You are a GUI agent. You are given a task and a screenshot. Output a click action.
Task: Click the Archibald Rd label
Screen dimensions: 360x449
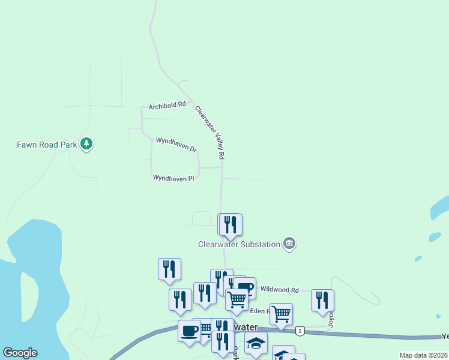tap(167, 106)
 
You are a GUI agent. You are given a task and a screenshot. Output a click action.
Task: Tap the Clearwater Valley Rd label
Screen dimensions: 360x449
tap(209, 133)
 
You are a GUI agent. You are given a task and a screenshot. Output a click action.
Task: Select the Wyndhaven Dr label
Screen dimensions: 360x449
tap(176, 144)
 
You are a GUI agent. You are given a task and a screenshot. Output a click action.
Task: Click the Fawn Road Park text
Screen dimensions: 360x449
tap(47, 145)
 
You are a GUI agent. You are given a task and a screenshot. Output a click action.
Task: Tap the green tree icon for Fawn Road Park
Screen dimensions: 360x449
tap(87, 143)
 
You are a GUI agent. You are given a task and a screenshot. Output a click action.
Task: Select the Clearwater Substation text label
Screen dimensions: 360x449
tap(240, 244)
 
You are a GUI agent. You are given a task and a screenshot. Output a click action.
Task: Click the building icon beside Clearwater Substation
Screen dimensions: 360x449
tap(289, 243)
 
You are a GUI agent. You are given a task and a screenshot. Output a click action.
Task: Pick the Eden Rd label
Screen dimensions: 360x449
tap(260, 311)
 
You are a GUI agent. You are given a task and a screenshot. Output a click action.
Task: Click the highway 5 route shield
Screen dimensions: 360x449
tap(300, 331)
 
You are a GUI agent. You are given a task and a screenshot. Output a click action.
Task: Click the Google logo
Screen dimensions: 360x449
tap(20, 352)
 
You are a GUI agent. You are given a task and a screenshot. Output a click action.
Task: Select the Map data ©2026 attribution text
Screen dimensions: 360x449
tap(423, 355)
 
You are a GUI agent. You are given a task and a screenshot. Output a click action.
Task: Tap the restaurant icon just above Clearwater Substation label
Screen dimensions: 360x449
tap(230, 225)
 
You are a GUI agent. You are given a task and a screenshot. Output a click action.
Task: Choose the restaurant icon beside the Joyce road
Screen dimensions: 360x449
tap(322, 300)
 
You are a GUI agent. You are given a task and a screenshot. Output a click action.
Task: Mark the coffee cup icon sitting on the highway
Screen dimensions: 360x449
tap(189, 331)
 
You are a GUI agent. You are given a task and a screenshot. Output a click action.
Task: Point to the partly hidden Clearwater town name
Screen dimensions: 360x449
tap(246, 327)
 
